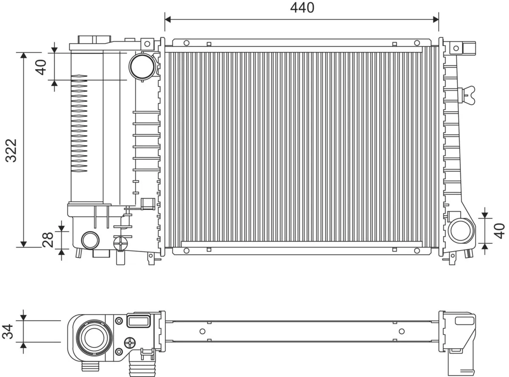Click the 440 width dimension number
tap(302, 8)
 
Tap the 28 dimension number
tap(48, 240)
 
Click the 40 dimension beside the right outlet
tap(501, 231)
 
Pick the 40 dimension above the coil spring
tap(41, 67)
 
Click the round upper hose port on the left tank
tap(142, 65)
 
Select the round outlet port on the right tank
tap(461, 231)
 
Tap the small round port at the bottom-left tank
tap(90, 240)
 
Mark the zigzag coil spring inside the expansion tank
tap(79, 123)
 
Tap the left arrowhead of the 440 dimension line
tap(168, 19)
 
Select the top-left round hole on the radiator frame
tap(186, 42)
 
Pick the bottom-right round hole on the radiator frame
tap(417, 250)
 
